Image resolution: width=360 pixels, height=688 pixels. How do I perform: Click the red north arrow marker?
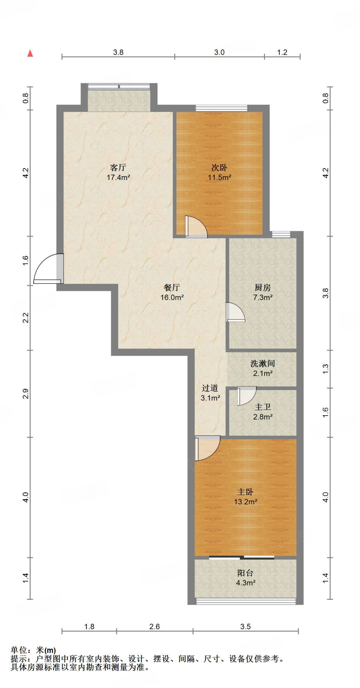(x=30, y=53)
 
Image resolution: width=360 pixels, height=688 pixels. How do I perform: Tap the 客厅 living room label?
(x=118, y=167)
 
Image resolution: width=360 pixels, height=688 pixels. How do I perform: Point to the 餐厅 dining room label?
(x=172, y=288)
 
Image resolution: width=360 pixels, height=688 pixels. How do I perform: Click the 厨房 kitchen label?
(x=263, y=288)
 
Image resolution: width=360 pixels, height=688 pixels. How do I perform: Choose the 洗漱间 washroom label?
(x=263, y=363)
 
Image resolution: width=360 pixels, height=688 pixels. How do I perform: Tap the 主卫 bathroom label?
(x=263, y=407)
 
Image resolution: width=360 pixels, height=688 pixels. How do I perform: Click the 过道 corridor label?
(x=210, y=388)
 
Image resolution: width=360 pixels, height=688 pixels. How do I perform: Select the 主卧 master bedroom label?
(x=245, y=492)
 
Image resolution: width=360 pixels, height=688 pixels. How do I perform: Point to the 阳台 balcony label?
(x=245, y=573)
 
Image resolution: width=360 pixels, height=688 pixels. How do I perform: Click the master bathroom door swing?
(x=247, y=396)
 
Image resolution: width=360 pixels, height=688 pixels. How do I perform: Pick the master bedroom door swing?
(x=207, y=448)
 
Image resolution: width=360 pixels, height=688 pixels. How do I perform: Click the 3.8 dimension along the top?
(x=118, y=52)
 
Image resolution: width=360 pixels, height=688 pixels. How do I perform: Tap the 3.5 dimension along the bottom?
(x=245, y=627)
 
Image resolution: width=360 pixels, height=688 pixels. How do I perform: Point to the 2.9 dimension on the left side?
(x=26, y=394)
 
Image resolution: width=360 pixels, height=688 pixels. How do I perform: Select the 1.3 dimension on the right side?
(x=325, y=369)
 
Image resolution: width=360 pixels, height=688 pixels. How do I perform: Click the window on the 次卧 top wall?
(x=222, y=108)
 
